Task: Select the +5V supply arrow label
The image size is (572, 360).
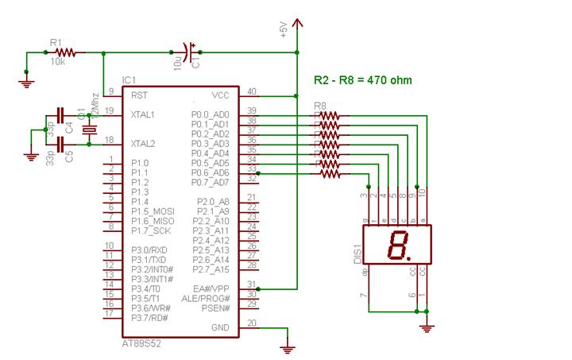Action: point(284,29)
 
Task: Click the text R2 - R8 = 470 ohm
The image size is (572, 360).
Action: point(363,80)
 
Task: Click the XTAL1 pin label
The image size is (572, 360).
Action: point(144,114)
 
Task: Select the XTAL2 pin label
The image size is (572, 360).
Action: point(144,143)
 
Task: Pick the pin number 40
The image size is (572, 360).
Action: point(251,91)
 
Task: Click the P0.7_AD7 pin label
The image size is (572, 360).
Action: point(210,181)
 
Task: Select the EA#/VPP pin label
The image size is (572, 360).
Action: point(210,288)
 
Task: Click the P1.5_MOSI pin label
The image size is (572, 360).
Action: point(153,211)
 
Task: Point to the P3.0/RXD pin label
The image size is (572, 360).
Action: point(149,250)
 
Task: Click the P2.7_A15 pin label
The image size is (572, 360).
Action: point(211,269)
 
